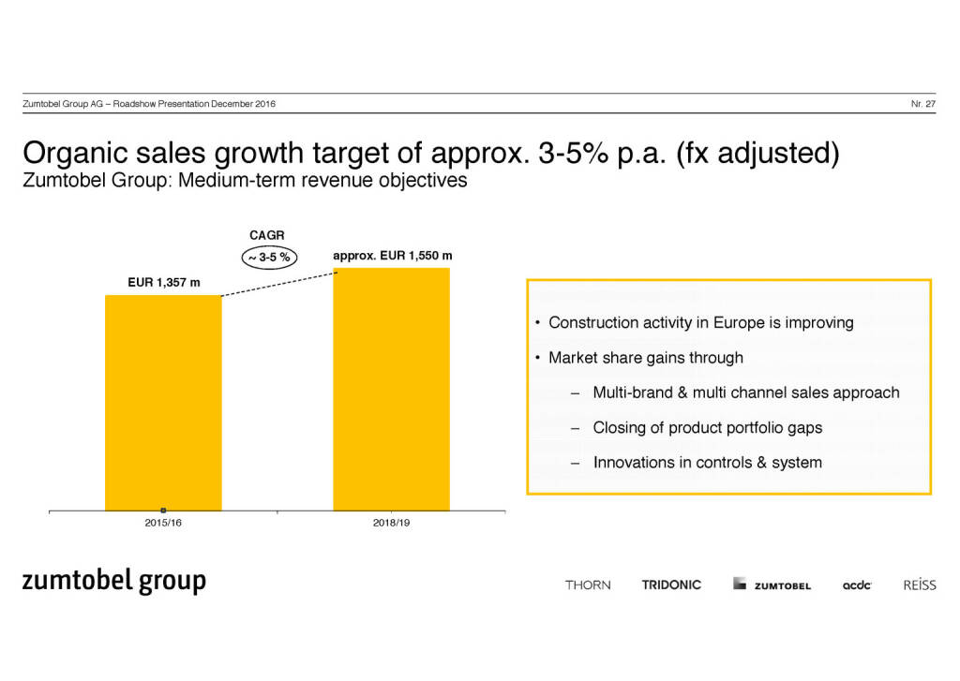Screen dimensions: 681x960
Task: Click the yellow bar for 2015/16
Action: click(163, 403)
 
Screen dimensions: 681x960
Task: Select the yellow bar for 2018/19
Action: click(391, 389)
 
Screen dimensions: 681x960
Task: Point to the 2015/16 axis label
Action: click(163, 522)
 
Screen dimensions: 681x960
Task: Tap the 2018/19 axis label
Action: click(391, 522)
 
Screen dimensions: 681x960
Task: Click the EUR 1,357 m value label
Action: click(163, 282)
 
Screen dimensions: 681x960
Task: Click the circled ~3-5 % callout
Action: click(267, 257)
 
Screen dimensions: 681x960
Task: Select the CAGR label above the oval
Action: click(266, 234)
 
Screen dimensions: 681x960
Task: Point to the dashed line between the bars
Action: click(277, 283)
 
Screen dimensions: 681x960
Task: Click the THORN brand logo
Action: click(588, 585)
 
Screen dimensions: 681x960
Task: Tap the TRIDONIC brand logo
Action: click(671, 585)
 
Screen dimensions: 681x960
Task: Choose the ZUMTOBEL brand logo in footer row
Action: click(772, 585)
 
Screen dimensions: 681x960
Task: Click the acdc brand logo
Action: click(857, 585)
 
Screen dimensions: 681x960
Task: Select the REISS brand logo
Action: click(919, 585)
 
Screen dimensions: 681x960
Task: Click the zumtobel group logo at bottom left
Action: click(113, 581)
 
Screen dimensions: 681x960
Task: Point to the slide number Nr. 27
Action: click(922, 103)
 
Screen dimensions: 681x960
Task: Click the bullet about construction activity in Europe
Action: click(700, 323)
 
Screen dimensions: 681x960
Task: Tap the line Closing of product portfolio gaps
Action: click(707, 427)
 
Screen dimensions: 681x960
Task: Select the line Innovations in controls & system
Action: click(707, 462)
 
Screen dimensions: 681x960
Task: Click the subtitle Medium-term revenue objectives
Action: click(244, 180)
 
